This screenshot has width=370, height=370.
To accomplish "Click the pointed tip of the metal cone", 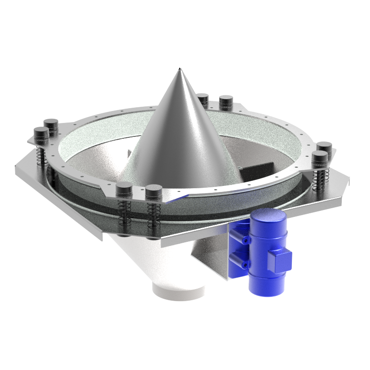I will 179,69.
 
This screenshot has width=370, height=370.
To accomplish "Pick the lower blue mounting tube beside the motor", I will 240,262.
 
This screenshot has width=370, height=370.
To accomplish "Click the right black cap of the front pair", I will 154,191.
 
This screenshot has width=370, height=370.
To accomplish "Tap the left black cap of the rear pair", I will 203,99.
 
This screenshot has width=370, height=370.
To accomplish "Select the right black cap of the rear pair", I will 226,101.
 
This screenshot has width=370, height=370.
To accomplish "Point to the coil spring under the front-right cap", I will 153,213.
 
